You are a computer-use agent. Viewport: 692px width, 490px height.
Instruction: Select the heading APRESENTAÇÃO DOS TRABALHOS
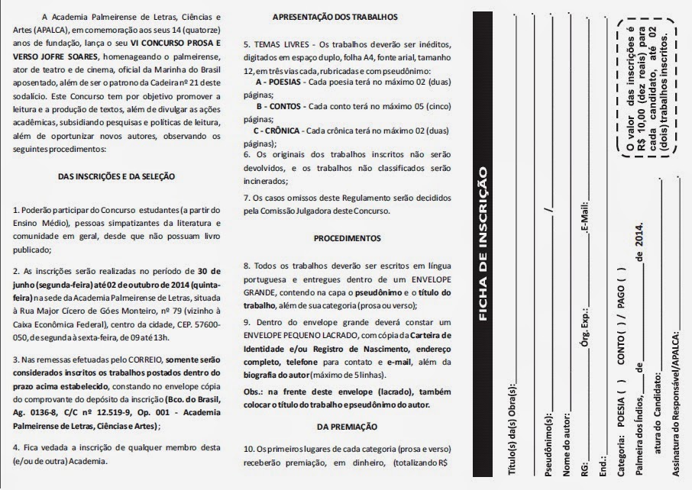point(335,17)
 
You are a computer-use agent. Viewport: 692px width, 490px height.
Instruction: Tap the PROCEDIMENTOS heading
point(347,238)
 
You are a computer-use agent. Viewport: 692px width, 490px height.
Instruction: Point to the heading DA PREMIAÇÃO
point(348,426)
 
